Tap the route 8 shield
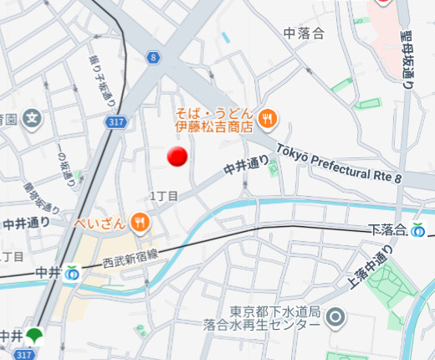(153, 57)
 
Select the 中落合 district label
(304, 33)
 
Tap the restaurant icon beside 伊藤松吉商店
(269, 119)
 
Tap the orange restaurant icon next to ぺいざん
(141, 223)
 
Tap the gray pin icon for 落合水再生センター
(335, 316)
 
